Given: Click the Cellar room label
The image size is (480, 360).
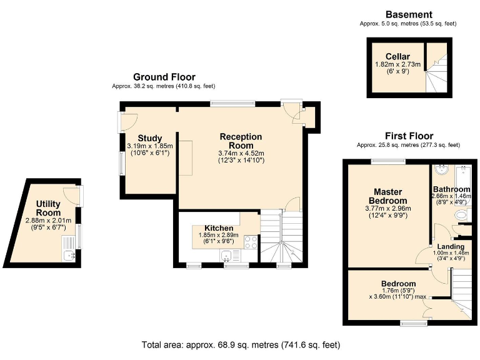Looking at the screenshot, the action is tap(397, 57).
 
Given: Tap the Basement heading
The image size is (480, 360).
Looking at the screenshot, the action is tap(409, 14).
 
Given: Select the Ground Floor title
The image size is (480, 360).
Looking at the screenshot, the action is tap(164, 77).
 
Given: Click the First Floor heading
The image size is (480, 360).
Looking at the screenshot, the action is tap(409, 136).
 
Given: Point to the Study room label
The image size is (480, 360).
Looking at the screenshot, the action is tap(150, 138).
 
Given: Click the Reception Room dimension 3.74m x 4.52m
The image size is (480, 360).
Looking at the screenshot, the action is tap(241, 153).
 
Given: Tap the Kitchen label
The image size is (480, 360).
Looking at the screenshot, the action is tap(219, 228).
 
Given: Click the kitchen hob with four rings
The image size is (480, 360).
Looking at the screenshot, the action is tap(251, 242).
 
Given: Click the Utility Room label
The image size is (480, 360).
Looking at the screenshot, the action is tap(48, 208).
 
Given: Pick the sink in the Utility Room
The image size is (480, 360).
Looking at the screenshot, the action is tap(69, 255).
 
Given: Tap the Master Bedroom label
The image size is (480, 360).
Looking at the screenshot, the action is tap(388, 196).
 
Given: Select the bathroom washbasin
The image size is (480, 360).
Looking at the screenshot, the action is tap(441, 170).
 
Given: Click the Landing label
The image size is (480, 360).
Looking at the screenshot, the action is tap(451, 246).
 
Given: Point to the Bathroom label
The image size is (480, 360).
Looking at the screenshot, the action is tap(451, 189).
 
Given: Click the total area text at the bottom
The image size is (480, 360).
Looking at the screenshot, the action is tap(241, 345).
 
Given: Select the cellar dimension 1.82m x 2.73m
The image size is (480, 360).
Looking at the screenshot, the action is tap(397, 64).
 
